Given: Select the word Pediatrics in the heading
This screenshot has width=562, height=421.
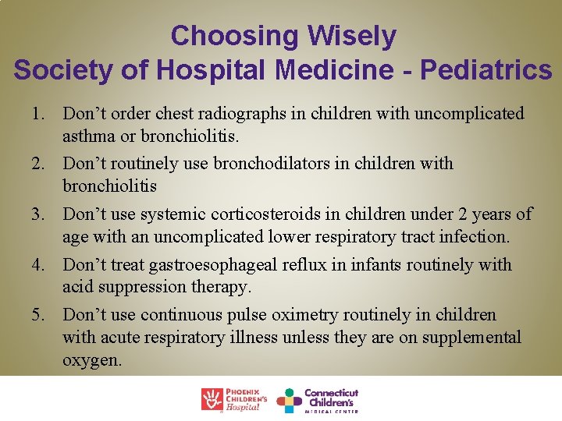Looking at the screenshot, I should pos(486,70).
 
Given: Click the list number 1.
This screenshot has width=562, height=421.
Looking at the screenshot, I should pos(38,114).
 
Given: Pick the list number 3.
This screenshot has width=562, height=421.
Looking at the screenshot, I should pos(38,214).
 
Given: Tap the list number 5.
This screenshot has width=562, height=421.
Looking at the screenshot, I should pos(38,315).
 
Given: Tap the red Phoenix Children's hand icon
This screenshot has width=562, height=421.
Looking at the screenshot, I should pos(212,399).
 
